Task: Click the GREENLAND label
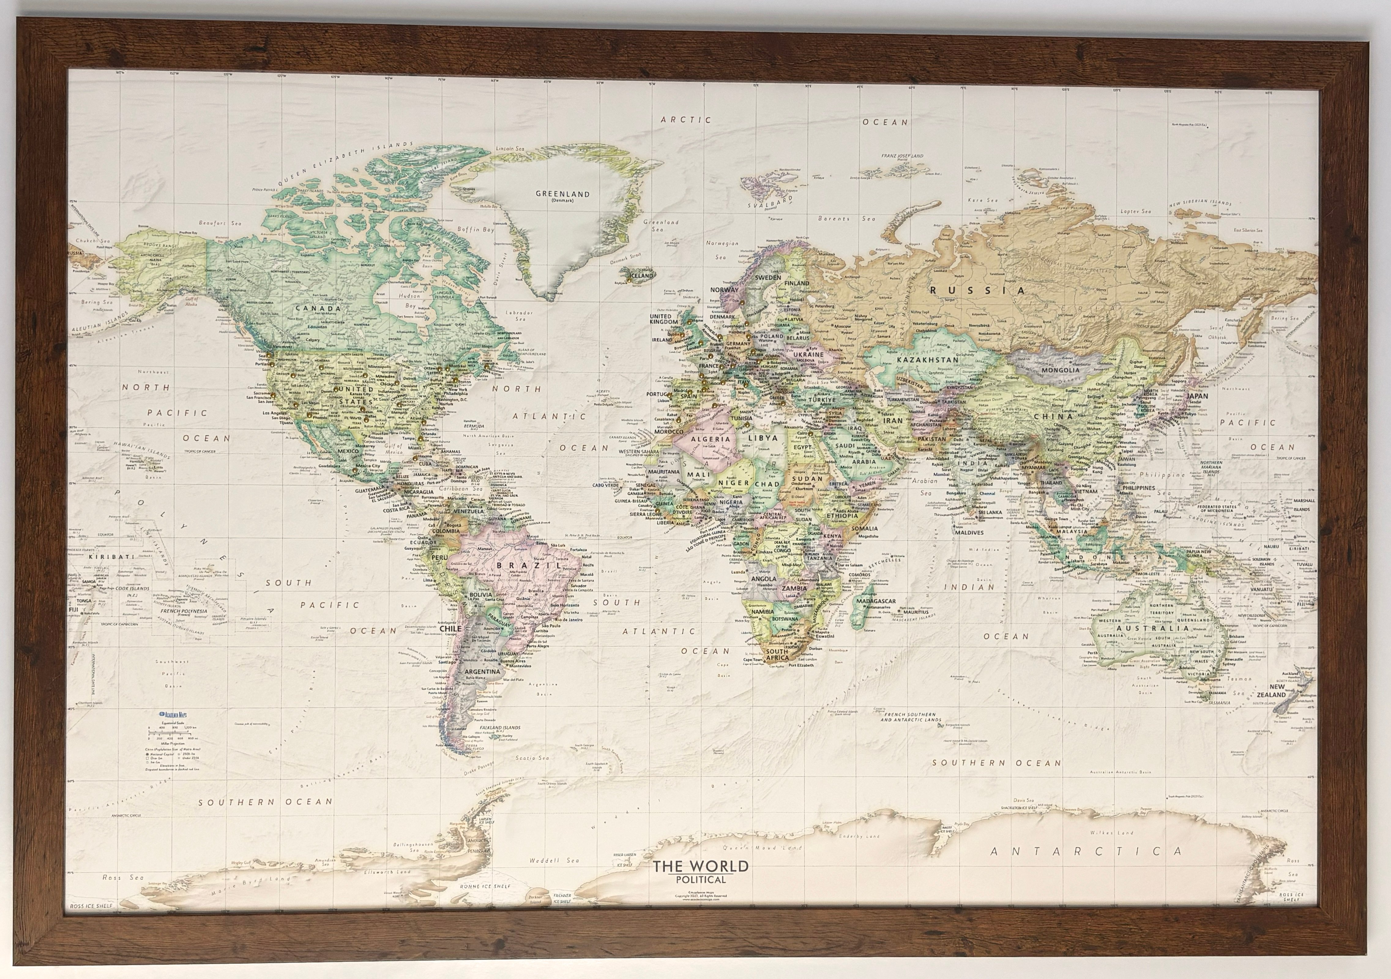pos(562,194)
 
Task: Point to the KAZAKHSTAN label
pos(927,360)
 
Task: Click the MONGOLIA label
pos(1060,370)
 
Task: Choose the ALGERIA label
pos(710,439)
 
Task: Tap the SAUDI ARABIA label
pos(854,453)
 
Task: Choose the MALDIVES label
pos(969,532)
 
